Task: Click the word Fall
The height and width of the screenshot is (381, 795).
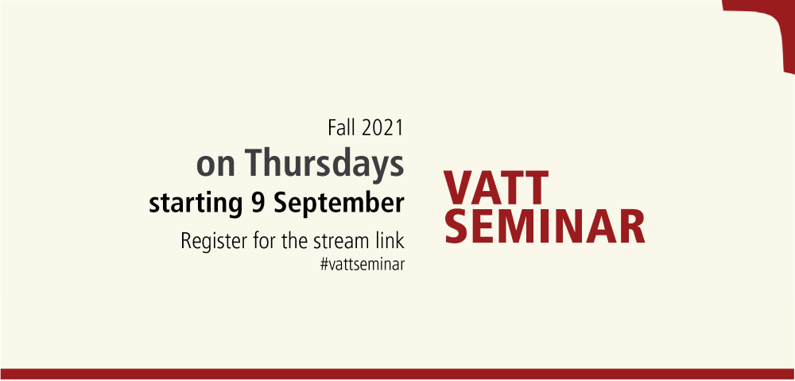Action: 342,127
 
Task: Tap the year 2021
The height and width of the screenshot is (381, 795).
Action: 383,127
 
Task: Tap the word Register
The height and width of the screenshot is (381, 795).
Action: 212,242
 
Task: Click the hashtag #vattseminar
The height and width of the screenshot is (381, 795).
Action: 363,265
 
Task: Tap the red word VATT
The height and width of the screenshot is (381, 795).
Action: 496,188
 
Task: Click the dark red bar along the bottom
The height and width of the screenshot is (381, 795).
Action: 397,375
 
